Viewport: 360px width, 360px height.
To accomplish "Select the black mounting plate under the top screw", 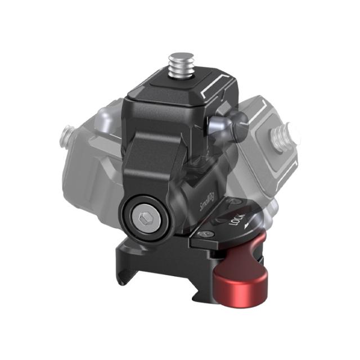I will (x=180, y=90).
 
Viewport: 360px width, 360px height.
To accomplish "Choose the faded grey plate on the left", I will (x=90, y=157).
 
